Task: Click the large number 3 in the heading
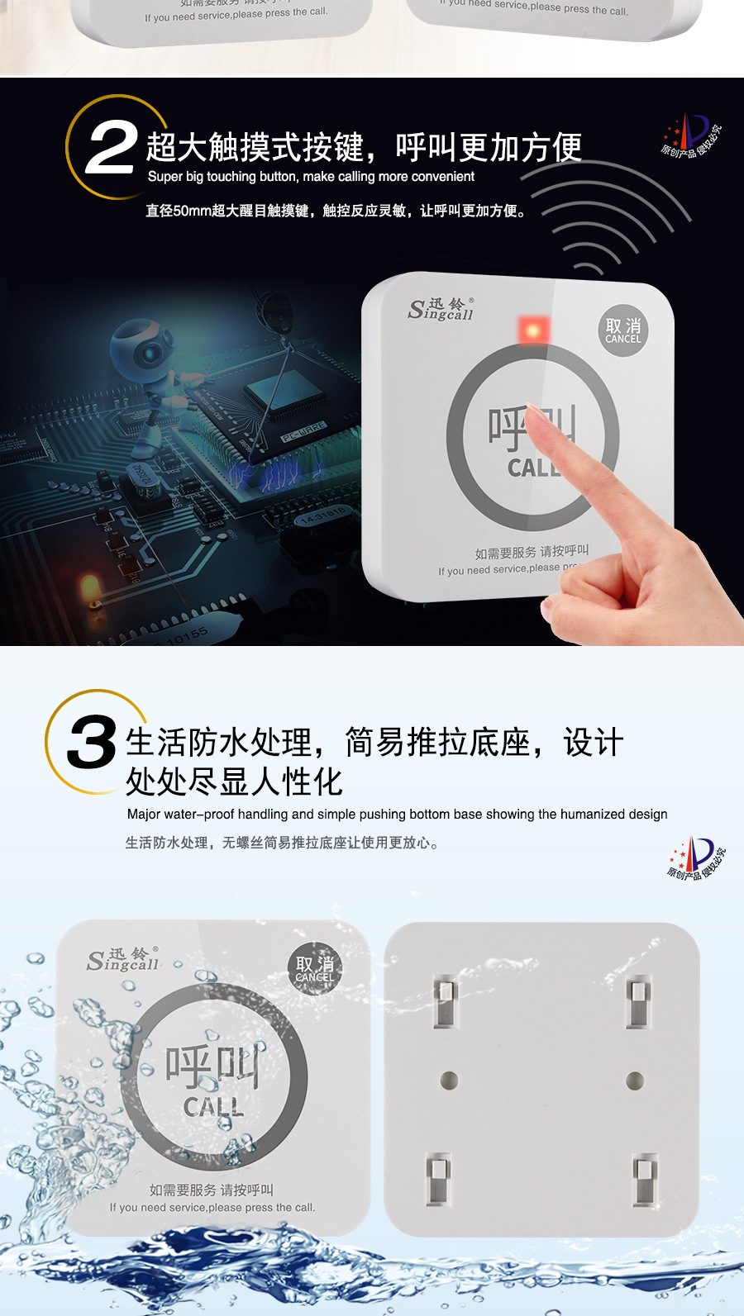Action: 92,741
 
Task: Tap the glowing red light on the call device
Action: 533,330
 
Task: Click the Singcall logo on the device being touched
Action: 441,310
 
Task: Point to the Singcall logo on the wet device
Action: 123,960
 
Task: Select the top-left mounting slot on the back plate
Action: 446,1000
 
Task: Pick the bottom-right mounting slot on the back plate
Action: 645,1178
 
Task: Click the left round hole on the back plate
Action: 450,1080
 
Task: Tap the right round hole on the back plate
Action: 635,1080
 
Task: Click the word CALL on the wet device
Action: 213,1107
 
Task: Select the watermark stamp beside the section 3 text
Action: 697,859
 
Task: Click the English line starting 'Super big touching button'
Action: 311,177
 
